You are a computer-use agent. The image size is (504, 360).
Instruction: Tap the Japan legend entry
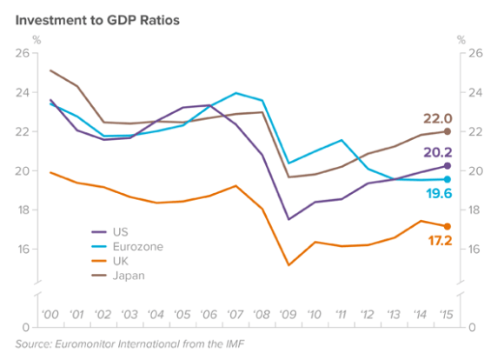[127, 276]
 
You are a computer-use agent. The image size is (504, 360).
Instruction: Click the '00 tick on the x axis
[50, 314]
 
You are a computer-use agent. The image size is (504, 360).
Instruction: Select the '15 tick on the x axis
[446, 314]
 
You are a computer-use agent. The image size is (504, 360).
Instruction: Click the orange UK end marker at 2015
[448, 226]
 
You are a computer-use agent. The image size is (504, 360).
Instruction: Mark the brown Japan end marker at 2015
[448, 131]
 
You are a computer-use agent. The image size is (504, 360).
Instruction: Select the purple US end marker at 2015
[448, 166]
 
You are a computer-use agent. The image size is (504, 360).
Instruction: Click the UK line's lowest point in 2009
[288, 265]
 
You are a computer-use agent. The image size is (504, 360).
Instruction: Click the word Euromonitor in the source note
[93, 345]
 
